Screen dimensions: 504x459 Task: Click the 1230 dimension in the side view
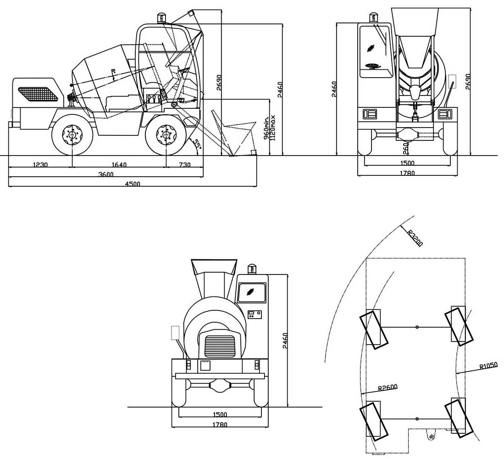[x=40, y=165]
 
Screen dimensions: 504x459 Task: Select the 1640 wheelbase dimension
[x=119, y=165]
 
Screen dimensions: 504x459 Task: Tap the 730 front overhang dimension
[x=184, y=165]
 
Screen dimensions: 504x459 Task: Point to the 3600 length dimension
[x=106, y=174]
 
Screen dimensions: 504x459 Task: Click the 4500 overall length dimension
[x=133, y=184]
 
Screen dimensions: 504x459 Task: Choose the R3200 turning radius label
[x=415, y=238]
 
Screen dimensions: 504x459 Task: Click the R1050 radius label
[x=488, y=365]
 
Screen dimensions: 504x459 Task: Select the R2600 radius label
[x=388, y=387]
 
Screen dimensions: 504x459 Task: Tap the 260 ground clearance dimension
[x=405, y=148]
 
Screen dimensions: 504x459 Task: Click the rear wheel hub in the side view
[x=72, y=134]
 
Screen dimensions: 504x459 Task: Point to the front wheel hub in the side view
[x=166, y=134]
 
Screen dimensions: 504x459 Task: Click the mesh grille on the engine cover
[x=38, y=94]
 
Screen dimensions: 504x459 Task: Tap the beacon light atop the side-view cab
[x=161, y=18]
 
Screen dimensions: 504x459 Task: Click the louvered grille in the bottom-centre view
[x=220, y=346]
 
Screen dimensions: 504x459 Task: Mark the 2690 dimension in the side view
[x=219, y=83]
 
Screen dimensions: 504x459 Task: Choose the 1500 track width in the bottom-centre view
[x=220, y=414]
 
